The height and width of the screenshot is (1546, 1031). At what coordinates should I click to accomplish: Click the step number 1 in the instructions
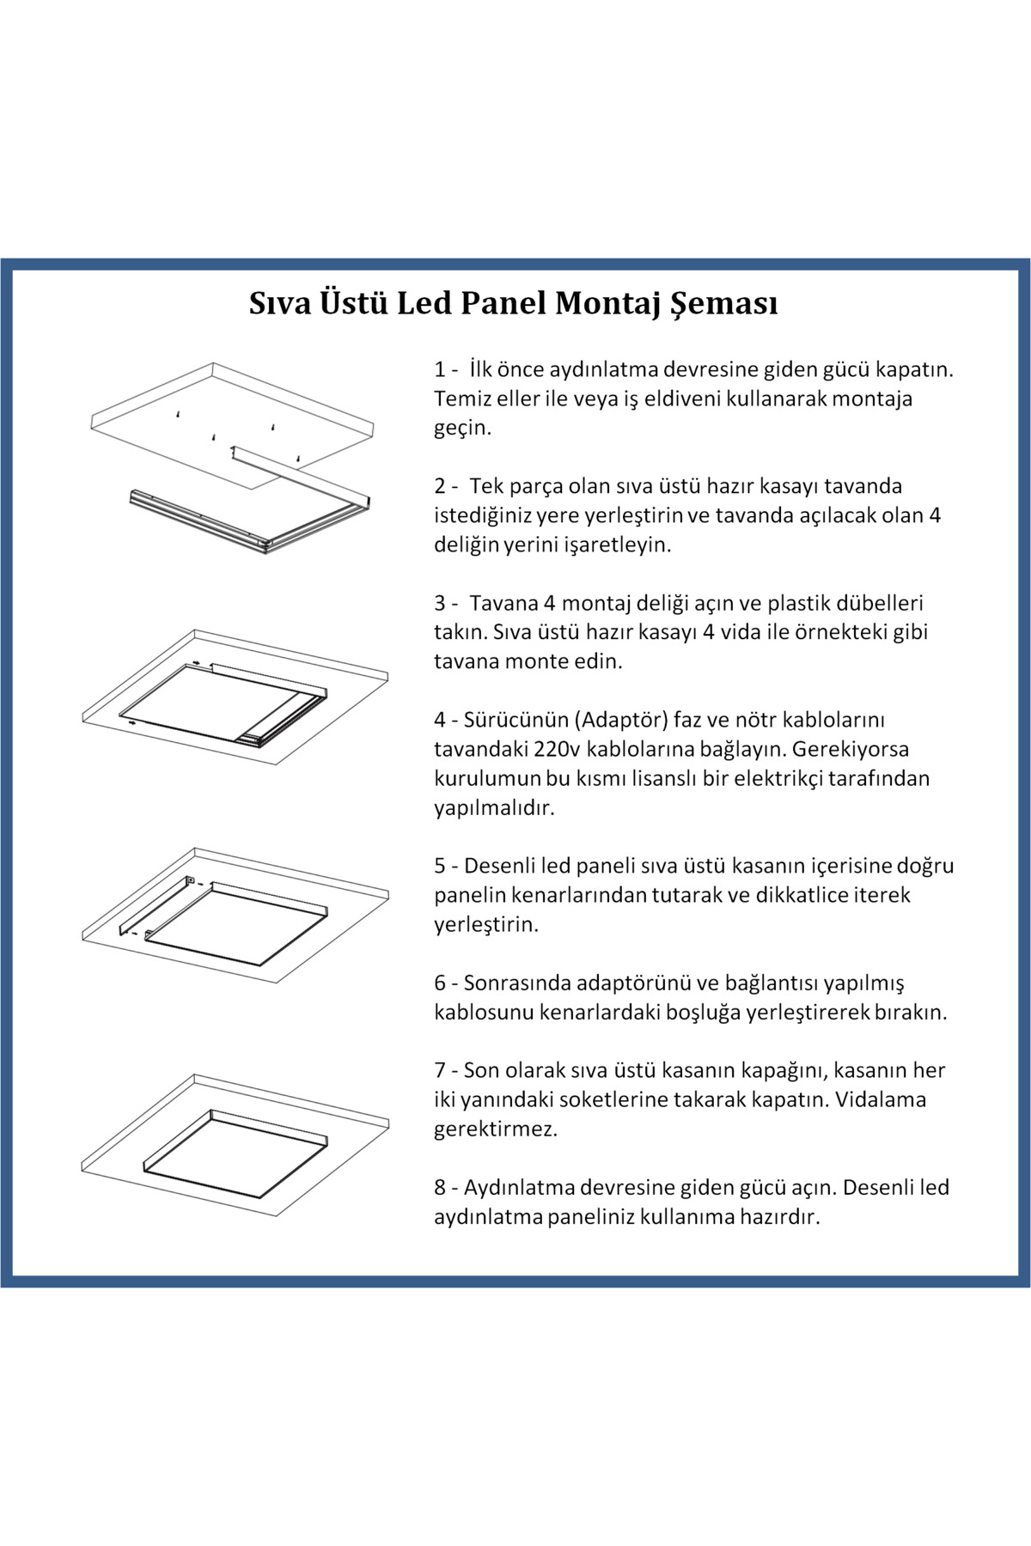[440, 370]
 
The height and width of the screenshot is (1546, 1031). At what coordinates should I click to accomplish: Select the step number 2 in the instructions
[440, 487]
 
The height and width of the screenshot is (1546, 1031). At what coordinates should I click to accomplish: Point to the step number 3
[440, 604]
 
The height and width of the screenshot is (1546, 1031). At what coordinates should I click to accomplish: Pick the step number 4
[440, 721]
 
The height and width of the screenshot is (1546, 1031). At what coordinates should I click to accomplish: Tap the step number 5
[440, 867]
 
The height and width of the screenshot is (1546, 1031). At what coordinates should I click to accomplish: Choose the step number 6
[440, 983]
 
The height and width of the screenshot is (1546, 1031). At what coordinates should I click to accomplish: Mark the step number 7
[440, 1071]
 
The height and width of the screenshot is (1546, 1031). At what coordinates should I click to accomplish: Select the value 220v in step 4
[557, 750]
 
